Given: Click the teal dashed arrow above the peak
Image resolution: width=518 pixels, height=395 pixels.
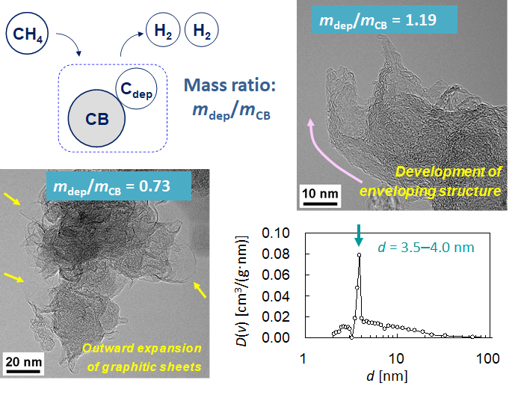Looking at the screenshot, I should click(x=359, y=234).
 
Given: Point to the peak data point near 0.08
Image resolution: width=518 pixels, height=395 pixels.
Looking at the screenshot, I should click(x=360, y=254).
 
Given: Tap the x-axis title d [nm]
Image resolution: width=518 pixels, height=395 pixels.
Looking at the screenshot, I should click(x=397, y=381).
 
